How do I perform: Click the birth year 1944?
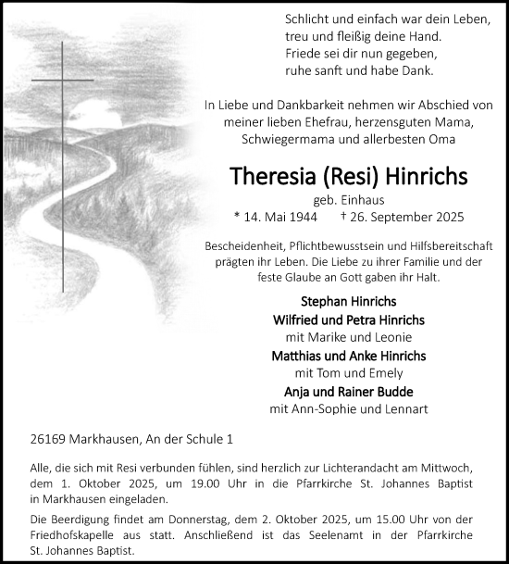300,217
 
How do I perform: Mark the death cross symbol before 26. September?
343,217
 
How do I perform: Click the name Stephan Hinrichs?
347,301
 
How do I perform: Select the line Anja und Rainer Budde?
347,391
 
